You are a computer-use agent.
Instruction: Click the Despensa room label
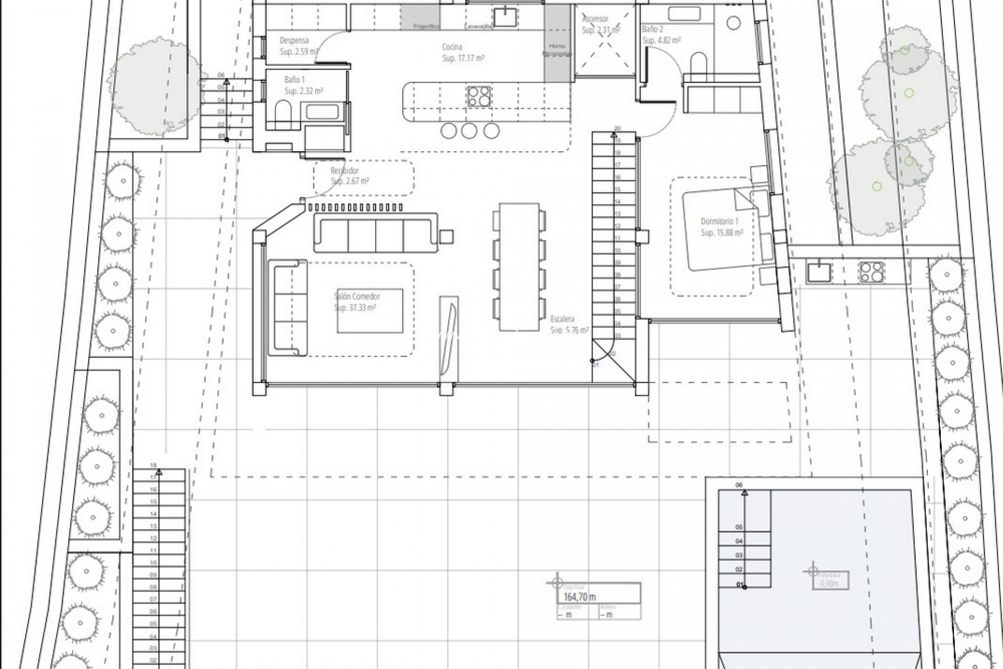(294, 40)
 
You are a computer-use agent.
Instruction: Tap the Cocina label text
(452, 47)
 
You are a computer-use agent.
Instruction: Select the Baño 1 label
(295, 80)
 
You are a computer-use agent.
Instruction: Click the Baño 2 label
(653, 30)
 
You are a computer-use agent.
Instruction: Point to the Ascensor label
(595, 19)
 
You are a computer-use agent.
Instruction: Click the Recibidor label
(345, 171)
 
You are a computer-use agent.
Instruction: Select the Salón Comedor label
(357, 296)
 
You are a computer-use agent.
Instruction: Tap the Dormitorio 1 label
(719, 222)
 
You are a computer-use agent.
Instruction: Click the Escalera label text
(562, 319)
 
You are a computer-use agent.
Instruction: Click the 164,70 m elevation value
(580, 597)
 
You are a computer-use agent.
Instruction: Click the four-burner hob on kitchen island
(479, 96)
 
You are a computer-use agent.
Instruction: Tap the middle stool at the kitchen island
(469, 131)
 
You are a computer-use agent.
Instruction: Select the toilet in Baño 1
(283, 111)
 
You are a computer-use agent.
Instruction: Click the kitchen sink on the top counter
(505, 17)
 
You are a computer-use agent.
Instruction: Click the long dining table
(518, 267)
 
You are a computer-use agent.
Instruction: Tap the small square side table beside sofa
(447, 237)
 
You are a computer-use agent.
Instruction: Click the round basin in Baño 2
(733, 22)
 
